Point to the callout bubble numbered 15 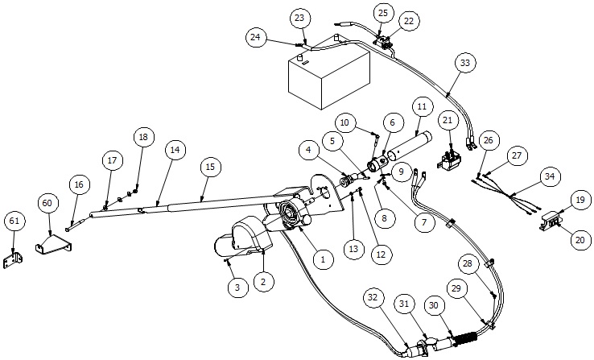click(210, 167)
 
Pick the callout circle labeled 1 click(322, 259)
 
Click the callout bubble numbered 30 click(435, 306)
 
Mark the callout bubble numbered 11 click(421, 106)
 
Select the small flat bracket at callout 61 click(13, 260)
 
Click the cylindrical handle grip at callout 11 click(406, 145)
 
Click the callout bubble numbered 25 click(383, 13)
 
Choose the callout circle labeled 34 click(549, 176)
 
